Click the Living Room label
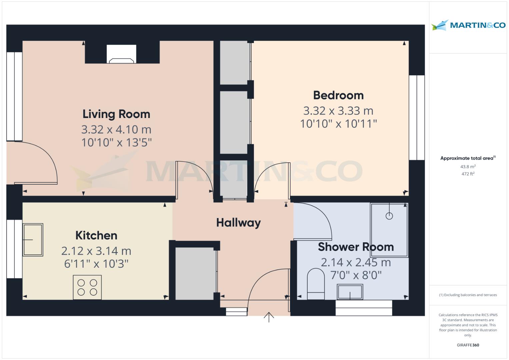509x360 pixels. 116,114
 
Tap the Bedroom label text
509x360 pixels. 338,95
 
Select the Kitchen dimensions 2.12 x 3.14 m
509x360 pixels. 96,251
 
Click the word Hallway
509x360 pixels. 238,223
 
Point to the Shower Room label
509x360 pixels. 356,247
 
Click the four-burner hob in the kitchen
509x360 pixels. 87,287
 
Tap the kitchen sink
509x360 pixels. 33,240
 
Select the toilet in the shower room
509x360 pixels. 316,284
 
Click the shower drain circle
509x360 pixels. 389,216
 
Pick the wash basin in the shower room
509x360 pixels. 350,292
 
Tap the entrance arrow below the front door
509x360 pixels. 269,317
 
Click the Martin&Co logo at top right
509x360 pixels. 468,25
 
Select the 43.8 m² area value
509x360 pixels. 468,167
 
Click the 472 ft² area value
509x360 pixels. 468,174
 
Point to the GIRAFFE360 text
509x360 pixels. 468,345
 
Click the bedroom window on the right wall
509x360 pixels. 417,118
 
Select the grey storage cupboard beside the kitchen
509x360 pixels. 195,273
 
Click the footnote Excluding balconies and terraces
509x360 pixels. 468,295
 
